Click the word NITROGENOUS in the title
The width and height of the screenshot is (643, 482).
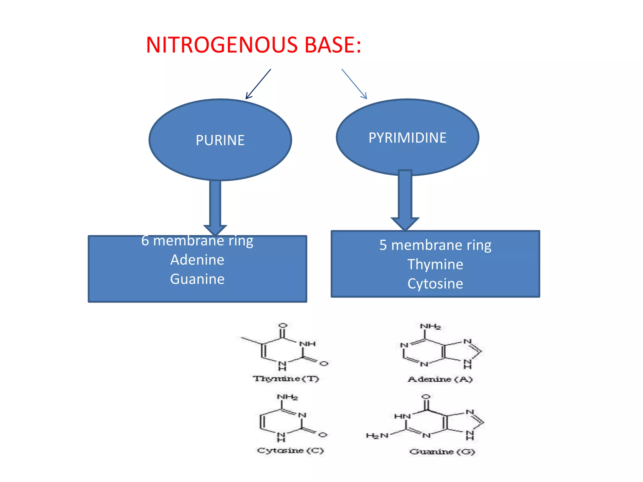[x=221, y=45]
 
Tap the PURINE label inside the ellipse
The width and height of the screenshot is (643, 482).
[x=220, y=140]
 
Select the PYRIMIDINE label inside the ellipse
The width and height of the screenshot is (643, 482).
[x=407, y=138]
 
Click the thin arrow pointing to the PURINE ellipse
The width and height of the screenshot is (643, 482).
[x=258, y=84]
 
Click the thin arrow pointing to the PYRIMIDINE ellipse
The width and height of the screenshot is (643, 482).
[x=354, y=84]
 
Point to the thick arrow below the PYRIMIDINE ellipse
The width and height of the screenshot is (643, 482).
[x=405, y=198]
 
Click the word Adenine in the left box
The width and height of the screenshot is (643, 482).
[x=197, y=260]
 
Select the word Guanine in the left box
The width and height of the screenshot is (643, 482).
[x=197, y=279]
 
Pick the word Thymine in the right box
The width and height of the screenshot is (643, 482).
[x=435, y=265]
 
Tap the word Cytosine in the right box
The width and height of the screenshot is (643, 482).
[x=435, y=284]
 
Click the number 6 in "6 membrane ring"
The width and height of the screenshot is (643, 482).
[x=145, y=241]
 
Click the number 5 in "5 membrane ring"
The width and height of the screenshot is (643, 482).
[x=383, y=245]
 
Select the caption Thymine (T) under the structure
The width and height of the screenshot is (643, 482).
[x=286, y=379]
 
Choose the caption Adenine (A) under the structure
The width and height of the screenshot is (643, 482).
[x=440, y=379]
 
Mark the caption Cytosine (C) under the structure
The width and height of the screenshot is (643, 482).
[x=290, y=451]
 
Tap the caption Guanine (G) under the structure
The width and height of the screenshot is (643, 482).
[x=442, y=452]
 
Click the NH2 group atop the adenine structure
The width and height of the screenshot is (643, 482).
[x=430, y=327]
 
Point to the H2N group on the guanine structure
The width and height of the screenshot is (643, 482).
[x=377, y=436]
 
